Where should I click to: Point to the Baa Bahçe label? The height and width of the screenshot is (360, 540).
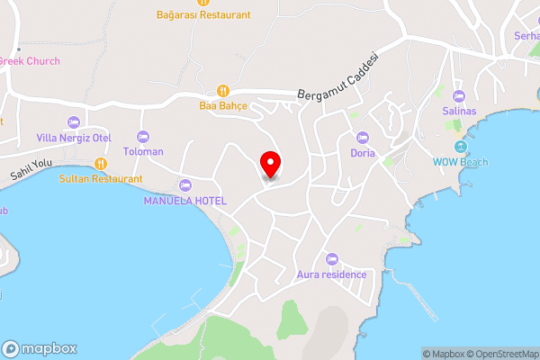(223, 104)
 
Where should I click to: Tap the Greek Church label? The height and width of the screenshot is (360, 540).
(29, 61)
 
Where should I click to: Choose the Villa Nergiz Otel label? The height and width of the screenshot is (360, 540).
(73, 138)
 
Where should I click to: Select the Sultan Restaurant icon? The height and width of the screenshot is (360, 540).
(101, 164)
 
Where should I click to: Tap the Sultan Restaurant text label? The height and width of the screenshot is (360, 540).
(101, 178)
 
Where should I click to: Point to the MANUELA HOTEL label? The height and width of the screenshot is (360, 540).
(185, 200)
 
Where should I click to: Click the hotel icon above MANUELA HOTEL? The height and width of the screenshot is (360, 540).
(185, 185)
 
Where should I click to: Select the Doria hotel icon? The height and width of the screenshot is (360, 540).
(363, 138)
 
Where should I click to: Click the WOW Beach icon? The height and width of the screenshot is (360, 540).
(461, 147)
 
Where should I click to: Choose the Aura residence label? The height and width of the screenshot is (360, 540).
(331, 274)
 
